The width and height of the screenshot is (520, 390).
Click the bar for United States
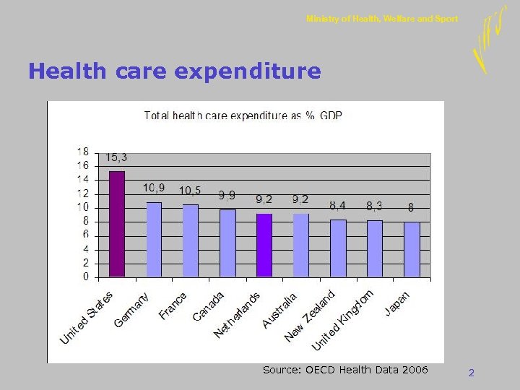(117, 224)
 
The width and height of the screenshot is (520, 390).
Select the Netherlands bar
(264, 245)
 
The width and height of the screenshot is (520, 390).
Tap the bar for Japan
(412, 249)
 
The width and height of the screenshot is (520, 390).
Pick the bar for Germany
(154, 239)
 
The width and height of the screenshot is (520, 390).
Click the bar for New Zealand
(338, 248)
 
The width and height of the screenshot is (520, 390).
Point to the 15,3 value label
(117, 157)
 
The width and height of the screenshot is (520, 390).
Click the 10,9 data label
(154, 188)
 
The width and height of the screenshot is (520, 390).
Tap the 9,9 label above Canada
(227, 195)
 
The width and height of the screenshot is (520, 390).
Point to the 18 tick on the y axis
(83, 152)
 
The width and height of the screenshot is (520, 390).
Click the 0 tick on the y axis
(86, 277)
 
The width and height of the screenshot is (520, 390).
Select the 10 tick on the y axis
(83, 207)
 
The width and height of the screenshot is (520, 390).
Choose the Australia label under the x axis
(280, 311)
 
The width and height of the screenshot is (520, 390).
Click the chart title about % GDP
(243, 115)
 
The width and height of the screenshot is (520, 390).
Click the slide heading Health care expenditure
(174, 71)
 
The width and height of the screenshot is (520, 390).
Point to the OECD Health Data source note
(345, 370)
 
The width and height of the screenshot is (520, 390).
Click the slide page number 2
(471, 373)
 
